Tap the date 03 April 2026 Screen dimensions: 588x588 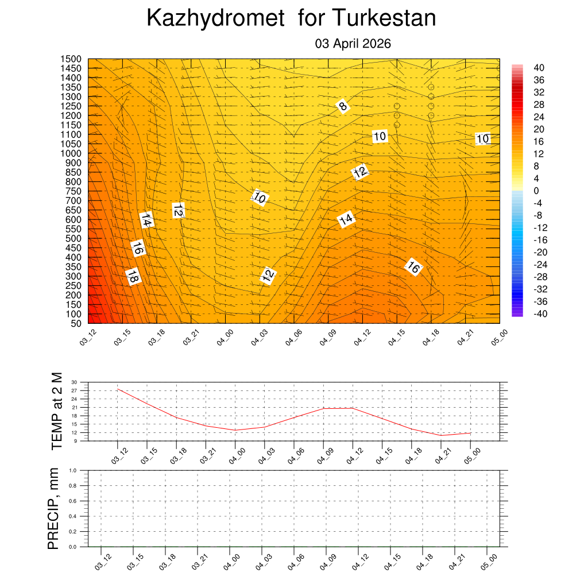pos(353,44)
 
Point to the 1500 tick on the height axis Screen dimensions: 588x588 pos(72,59)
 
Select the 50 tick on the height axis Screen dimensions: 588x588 pos(76,323)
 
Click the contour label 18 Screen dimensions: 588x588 pos(133,276)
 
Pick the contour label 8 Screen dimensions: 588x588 pos(343,106)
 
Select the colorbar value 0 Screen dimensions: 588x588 pos(536,191)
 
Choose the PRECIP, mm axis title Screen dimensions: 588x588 pos(53,508)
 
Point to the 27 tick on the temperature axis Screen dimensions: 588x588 pos(74,390)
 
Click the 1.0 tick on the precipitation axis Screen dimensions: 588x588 pos(72,470)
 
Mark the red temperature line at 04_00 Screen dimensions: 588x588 pos(235,430)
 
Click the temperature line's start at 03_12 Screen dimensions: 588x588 pos(118,389)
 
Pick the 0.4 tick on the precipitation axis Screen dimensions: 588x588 pos(72,516)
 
